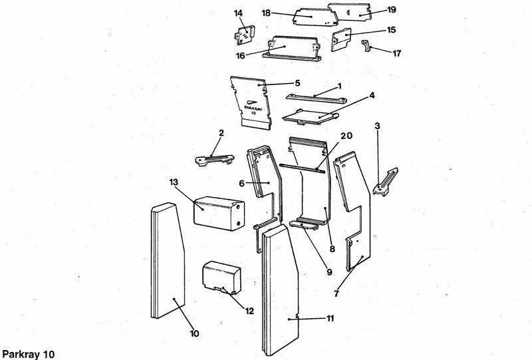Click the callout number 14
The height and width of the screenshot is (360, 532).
click(x=239, y=13)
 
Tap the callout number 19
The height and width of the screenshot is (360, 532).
click(x=392, y=9)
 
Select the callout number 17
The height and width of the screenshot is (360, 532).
click(x=398, y=53)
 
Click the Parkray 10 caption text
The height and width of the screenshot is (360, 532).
click(x=27, y=353)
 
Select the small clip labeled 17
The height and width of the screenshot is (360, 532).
click(x=365, y=45)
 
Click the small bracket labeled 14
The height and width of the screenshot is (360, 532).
click(x=245, y=34)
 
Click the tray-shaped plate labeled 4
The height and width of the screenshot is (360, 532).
click(x=307, y=117)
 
